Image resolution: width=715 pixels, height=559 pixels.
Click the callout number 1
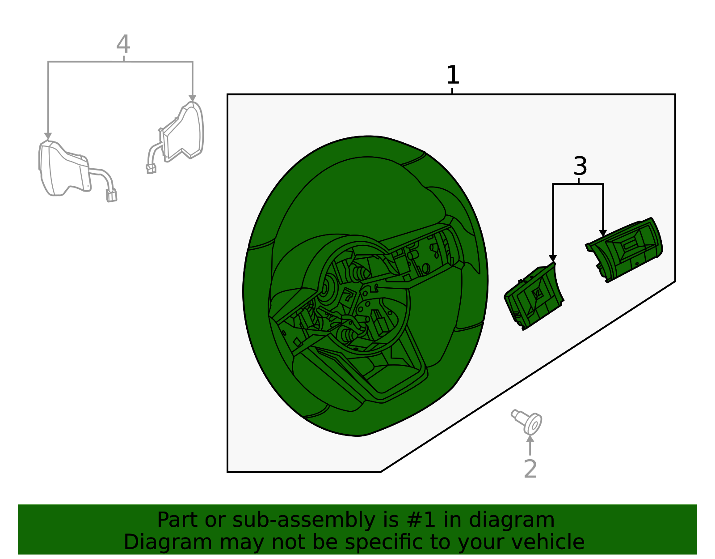click(x=453, y=75)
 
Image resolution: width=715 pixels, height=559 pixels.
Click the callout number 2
click(x=530, y=468)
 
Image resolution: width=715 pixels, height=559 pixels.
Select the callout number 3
click(x=580, y=166)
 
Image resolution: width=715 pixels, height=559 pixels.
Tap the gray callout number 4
click(x=123, y=44)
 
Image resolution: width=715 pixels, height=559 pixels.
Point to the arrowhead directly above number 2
click(x=530, y=439)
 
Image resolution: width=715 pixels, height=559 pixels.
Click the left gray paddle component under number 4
click(x=78, y=171)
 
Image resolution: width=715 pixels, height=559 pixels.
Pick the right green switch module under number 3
click(x=624, y=250)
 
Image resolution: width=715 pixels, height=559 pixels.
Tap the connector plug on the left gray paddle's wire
click(x=112, y=195)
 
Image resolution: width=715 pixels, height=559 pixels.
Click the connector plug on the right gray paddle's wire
click(x=151, y=169)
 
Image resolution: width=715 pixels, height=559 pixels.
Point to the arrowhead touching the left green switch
click(x=553, y=259)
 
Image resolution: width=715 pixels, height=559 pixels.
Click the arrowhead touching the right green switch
click(x=603, y=233)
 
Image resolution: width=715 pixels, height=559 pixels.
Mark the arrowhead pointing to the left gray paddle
click(x=48, y=137)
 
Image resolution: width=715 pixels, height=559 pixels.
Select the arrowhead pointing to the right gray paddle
click(x=193, y=98)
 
